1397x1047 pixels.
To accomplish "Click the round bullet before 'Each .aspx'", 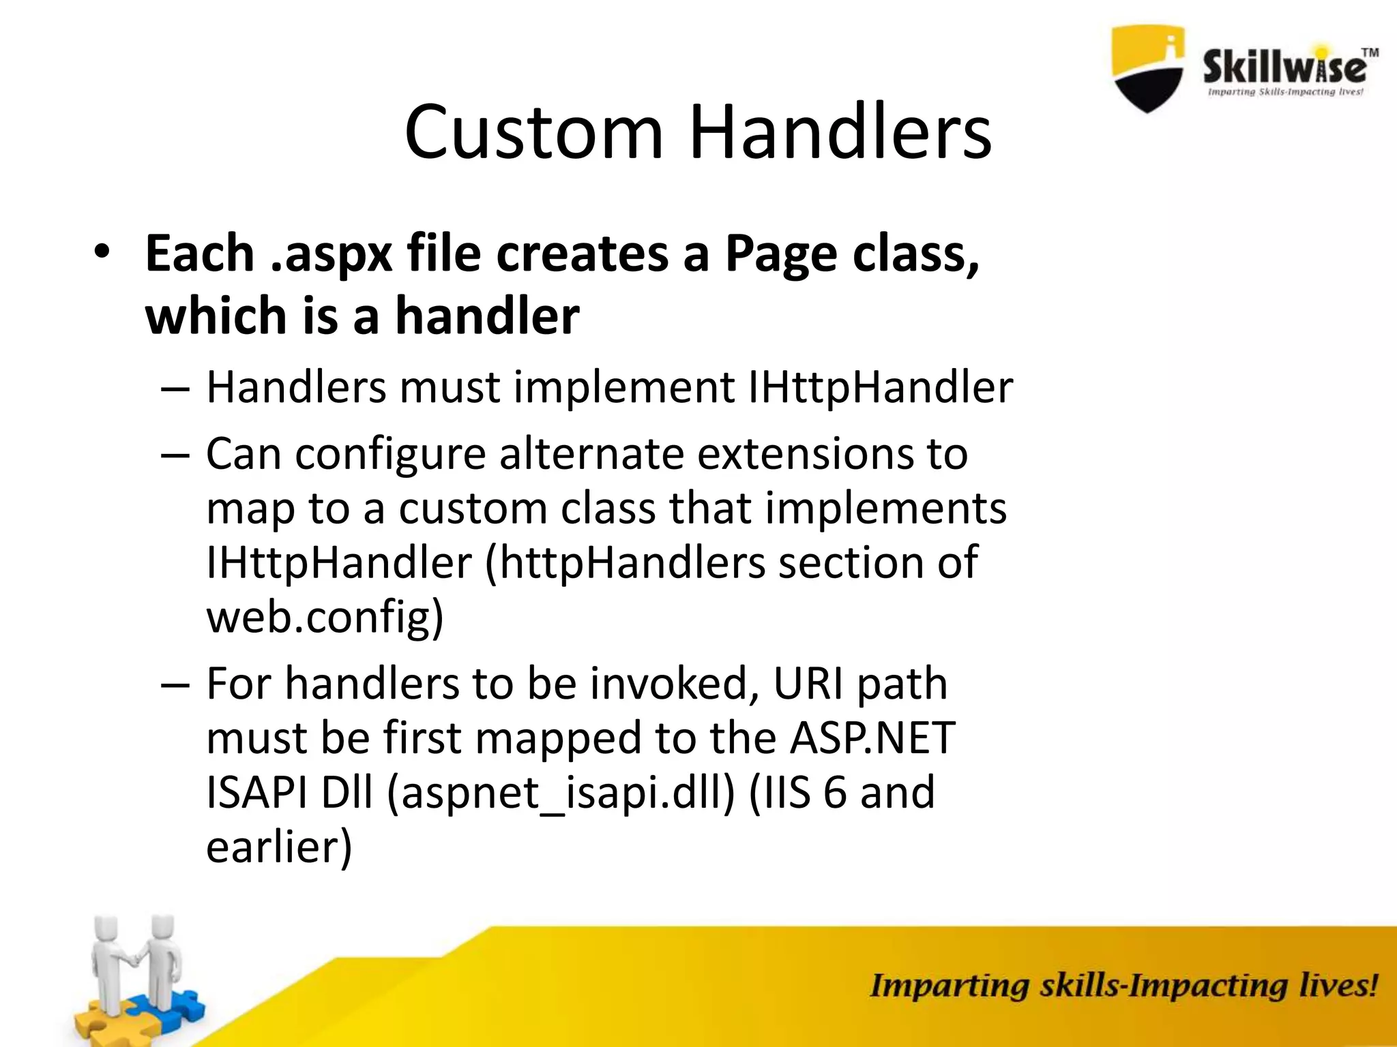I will pyautogui.click(x=102, y=252).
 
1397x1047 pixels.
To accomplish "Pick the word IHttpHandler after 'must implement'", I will pyautogui.click(x=880, y=387).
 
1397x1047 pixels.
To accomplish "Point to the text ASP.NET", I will pyautogui.click(x=872, y=738).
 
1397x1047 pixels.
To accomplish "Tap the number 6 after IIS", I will pyautogui.click(x=835, y=793).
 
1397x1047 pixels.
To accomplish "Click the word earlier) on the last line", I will pyautogui.click(x=279, y=847).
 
